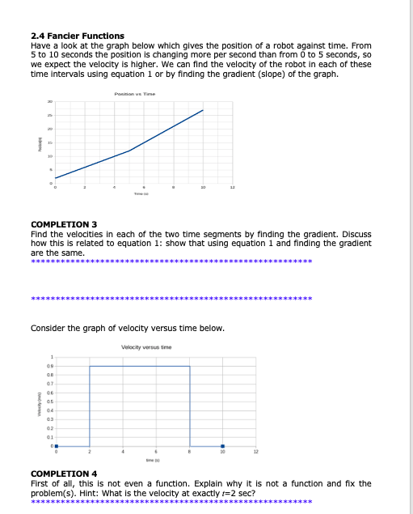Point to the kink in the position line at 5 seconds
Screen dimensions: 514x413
coord(129,151)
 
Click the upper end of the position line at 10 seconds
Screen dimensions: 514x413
coord(203,109)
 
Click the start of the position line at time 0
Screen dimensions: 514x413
coord(56,177)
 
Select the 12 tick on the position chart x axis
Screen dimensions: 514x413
coord(233,187)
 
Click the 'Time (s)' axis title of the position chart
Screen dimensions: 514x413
coord(142,195)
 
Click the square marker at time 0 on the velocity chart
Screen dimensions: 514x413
coord(56,446)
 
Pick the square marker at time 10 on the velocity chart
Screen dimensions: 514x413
coord(222,446)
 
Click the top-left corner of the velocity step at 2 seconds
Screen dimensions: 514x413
coord(89,367)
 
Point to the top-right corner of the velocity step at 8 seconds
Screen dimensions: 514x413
coord(189,367)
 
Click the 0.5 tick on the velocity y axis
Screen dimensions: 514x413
coord(50,401)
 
